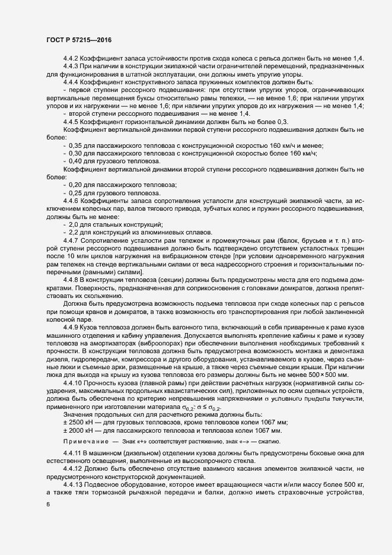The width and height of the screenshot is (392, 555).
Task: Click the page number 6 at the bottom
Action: (x=47, y=505)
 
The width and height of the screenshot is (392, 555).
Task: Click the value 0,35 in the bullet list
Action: (x=76, y=145)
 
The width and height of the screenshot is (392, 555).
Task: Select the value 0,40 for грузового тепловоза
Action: (x=76, y=161)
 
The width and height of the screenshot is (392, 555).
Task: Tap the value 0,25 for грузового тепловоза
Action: (x=76, y=193)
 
